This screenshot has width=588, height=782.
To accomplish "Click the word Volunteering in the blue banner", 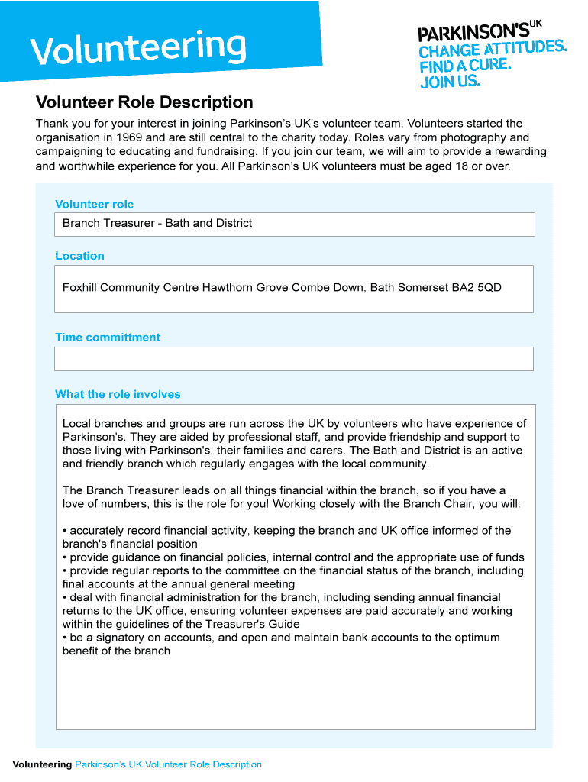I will [138, 47].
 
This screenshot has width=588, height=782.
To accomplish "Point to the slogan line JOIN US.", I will [451, 80].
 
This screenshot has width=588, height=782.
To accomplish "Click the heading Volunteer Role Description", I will [144, 102].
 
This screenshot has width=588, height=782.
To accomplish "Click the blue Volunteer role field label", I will [94, 204].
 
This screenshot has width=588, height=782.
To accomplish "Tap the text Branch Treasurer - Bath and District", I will [157, 223].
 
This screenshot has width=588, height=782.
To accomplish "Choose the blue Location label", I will [79, 256].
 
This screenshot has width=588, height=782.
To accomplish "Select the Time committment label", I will [108, 337].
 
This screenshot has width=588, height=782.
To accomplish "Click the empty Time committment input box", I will [293, 359].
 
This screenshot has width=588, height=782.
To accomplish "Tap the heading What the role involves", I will [118, 394].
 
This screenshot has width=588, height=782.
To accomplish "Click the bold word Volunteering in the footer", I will [42, 764].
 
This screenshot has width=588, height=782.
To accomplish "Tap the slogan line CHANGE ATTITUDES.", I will [493, 50].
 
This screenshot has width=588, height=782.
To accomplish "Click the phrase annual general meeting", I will [236, 584].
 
